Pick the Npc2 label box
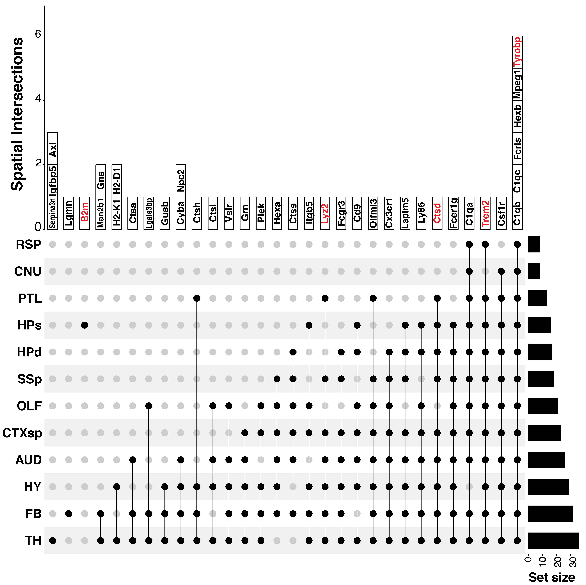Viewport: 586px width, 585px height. point(181,181)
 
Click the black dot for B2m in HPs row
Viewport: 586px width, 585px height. point(85,325)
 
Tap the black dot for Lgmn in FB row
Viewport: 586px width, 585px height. point(69,514)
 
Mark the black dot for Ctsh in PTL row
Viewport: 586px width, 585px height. point(197,298)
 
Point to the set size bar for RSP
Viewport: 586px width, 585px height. point(534,244)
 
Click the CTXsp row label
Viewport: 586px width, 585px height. point(22,433)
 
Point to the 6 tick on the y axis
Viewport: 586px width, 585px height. point(38,34)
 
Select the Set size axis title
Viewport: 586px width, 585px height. point(551,577)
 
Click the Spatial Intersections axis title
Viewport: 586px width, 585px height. point(17,114)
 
